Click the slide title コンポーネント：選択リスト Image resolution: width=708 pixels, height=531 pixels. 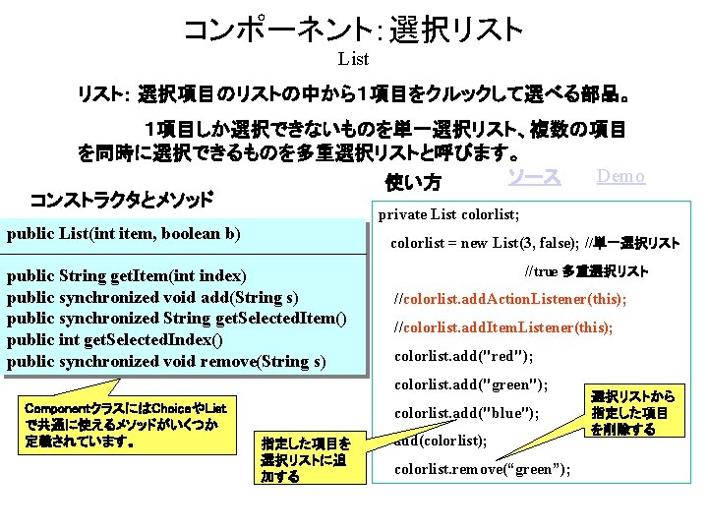(353, 29)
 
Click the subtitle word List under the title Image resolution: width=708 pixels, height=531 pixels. (353, 60)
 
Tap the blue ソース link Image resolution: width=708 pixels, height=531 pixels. (534, 177)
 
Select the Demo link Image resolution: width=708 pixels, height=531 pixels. (620, 177)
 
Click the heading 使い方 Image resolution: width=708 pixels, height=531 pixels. (413, 183)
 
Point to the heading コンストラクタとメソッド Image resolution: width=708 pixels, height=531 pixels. (121, 201)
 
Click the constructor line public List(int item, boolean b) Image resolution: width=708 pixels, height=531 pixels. (124, 234)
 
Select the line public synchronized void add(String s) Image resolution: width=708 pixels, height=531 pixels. (153, 297)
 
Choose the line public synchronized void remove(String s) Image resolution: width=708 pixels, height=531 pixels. (166, 362)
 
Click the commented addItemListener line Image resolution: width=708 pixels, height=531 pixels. (502, 327)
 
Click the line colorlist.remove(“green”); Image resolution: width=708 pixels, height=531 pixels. (482, 469)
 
